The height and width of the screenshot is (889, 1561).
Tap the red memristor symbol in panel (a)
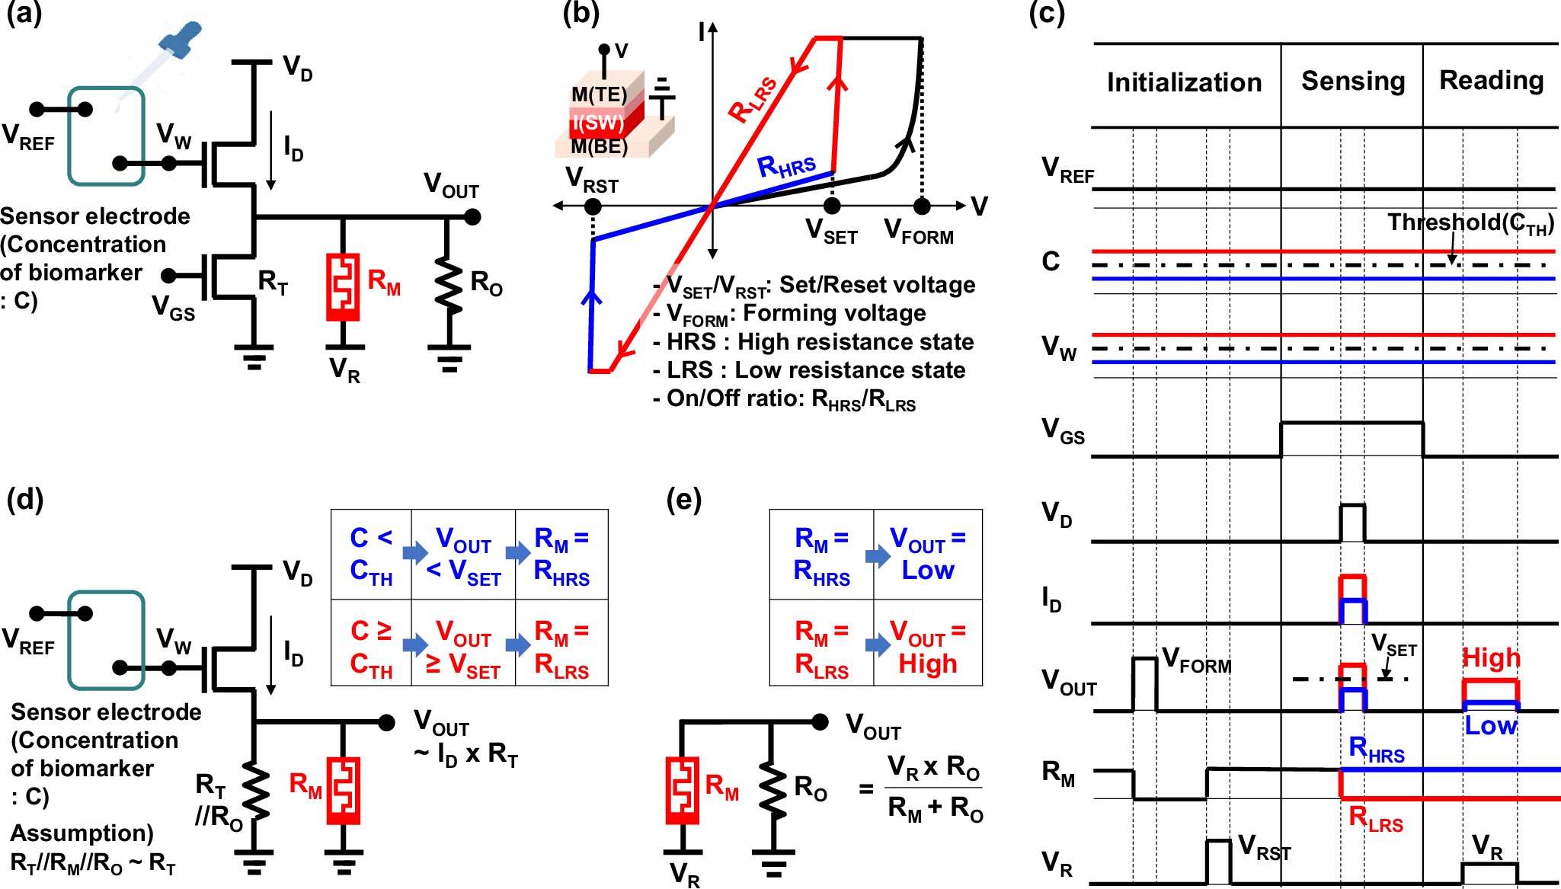343,286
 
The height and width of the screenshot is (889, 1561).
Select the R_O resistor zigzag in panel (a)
449,287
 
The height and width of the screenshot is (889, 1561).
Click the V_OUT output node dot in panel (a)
472,217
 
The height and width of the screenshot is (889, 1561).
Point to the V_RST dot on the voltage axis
593,206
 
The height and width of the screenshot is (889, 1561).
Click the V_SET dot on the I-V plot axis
832,206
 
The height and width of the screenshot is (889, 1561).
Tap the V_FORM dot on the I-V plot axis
922,206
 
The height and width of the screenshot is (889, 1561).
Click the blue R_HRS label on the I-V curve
786,165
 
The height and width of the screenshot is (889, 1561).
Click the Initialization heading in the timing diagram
1184,82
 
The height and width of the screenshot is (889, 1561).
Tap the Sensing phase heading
1353,81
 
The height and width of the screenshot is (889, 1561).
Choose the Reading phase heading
1491,80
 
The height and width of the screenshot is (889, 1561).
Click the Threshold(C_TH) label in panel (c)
1470,222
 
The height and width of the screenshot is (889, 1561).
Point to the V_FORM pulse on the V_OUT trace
1144,684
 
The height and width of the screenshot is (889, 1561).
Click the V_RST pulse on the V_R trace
1218,862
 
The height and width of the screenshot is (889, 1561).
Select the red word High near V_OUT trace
1491,657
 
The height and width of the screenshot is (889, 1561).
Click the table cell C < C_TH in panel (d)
371,554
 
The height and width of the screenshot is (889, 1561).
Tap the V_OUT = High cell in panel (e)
927,647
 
